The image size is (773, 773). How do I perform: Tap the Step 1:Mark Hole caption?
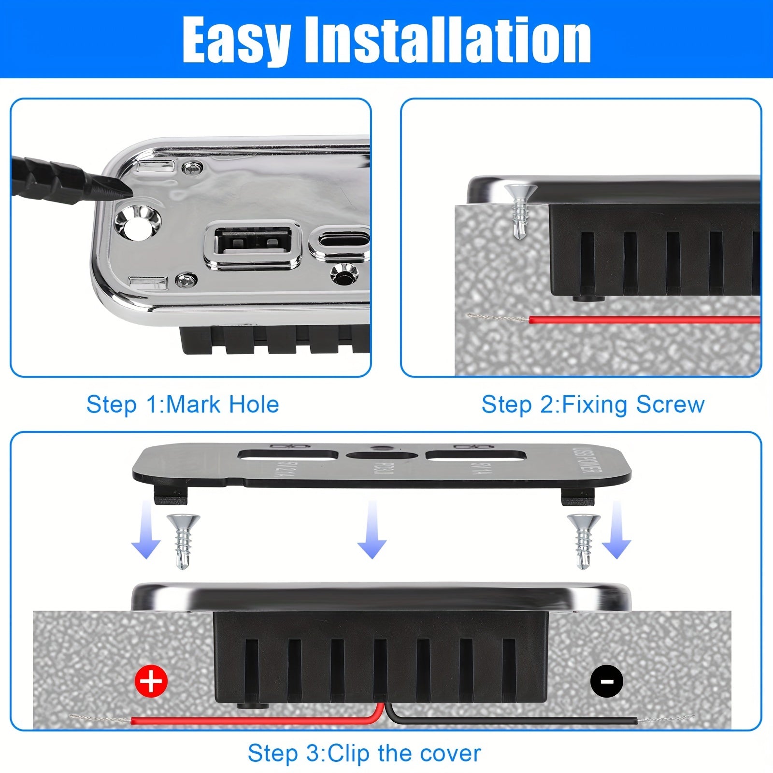[183, 404]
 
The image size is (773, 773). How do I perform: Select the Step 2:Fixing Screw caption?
[593, 404]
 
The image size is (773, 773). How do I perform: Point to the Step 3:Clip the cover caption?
[364, 753]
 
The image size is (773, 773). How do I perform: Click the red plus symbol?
[151, 681]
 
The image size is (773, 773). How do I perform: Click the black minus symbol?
[607, 681]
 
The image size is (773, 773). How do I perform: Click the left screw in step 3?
[183, 540]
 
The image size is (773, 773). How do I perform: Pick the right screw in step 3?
[584, 540]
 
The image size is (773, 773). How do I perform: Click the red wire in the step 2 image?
[643, 319]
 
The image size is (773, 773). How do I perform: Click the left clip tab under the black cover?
[171, 493]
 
